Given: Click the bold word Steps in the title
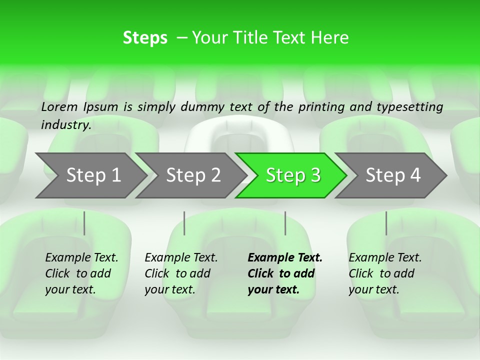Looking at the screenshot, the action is point(145,38).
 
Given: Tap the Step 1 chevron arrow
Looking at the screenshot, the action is point(91,175).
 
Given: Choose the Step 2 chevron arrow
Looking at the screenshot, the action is point(191,175).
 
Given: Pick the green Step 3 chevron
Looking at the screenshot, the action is point(291,175).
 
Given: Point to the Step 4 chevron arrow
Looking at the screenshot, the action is point(390,175).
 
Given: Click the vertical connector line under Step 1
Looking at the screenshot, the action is point(84,223).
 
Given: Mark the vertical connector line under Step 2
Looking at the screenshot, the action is point(184,223).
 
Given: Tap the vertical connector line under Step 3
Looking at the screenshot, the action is point(285,223).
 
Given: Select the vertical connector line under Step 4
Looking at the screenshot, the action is point(386,223).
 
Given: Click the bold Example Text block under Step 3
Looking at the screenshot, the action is point(285,273).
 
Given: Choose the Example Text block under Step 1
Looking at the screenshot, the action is point(81,273).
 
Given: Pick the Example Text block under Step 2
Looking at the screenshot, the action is point(181,273).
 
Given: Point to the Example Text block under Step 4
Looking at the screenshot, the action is point(385,273).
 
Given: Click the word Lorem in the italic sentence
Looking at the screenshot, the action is point(59,107).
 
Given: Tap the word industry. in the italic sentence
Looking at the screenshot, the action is point(66,125).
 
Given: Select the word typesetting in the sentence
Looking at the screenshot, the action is point(410,107).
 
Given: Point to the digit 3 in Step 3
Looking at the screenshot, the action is point(315,175).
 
